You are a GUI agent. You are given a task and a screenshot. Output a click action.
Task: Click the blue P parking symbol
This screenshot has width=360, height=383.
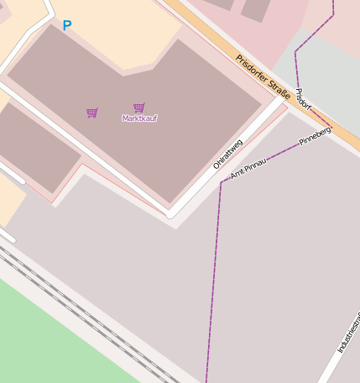67,26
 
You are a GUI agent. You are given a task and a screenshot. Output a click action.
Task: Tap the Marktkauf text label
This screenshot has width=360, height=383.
139,118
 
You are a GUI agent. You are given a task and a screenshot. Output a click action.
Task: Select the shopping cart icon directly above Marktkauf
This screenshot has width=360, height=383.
138,108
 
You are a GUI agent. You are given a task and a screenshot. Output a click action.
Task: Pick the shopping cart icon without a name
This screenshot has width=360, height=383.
91,113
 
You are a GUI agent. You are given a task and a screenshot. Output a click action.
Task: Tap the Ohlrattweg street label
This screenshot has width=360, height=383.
227,154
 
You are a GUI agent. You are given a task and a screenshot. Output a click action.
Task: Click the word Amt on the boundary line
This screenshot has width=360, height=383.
237,174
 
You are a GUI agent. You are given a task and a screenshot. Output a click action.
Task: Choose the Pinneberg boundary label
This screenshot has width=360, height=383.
316,136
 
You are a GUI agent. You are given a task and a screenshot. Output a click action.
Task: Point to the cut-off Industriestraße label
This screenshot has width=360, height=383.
349,333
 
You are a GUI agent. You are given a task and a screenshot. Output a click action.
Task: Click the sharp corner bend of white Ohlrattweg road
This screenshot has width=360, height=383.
170,213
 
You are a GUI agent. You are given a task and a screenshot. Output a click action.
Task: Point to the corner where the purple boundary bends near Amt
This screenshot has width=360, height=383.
221,183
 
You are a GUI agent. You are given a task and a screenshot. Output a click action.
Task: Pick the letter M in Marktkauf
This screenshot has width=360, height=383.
125,118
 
